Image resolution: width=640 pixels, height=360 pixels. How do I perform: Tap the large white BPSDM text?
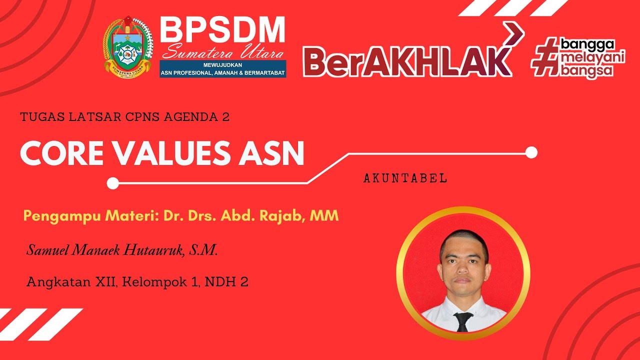[222, 30]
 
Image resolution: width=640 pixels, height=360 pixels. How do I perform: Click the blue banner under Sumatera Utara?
[223, 69]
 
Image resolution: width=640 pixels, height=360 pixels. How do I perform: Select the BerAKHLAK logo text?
[407, 62]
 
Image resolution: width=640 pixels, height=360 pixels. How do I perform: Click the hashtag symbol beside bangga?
[545, 58]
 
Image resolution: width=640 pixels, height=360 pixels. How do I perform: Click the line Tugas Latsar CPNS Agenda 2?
[125, 117]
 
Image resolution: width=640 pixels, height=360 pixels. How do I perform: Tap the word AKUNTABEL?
[405, 178]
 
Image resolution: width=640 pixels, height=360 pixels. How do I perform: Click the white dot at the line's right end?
[531, 152]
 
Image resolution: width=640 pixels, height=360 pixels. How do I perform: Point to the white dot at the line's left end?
[113, 183]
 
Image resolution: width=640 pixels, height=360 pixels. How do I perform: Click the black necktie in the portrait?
[463, 321]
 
